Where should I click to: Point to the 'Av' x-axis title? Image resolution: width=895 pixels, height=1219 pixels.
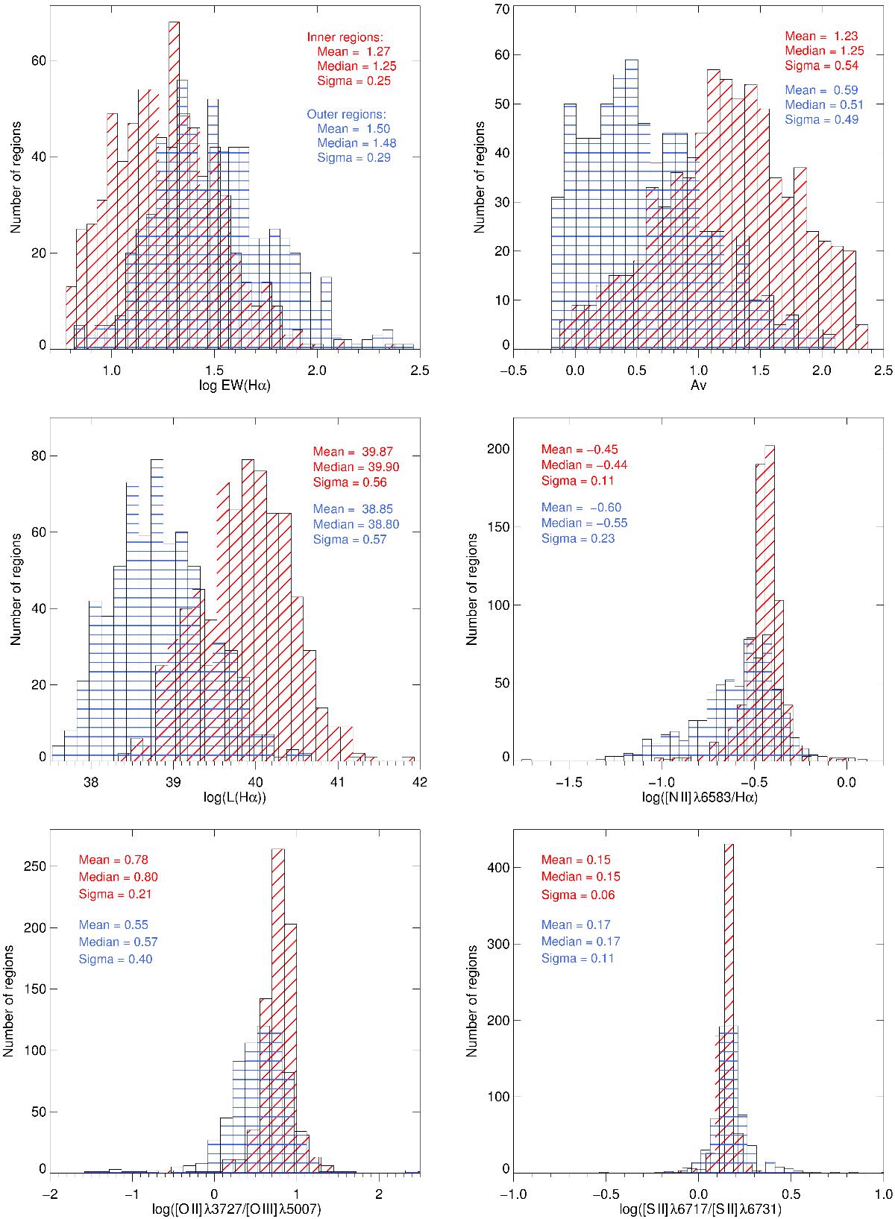(x=698, y=384)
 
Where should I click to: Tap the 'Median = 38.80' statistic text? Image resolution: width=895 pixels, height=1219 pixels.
(x=356, y=524)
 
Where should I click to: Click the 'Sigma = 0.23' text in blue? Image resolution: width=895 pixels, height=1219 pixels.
(x=578, y=538)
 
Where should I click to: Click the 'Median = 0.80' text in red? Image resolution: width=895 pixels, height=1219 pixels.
(x=118, y=877)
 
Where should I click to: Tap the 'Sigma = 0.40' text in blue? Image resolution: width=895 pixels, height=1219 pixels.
(x=116, y=959)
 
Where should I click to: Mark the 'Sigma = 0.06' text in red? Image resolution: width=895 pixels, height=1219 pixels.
(x=579, y=895)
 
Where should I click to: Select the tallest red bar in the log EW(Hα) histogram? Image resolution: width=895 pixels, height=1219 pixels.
(x=174, y=186)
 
